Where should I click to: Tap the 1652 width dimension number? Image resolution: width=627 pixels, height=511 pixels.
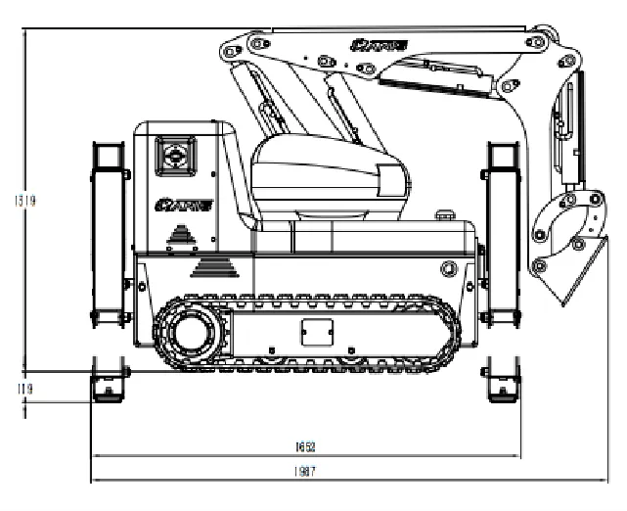point(305,446)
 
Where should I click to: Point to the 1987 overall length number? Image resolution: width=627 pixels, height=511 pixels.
point(305,471)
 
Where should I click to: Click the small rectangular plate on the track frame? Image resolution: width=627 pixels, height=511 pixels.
point(313,331)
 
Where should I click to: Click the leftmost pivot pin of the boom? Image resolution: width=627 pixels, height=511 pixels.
point(228,48)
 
